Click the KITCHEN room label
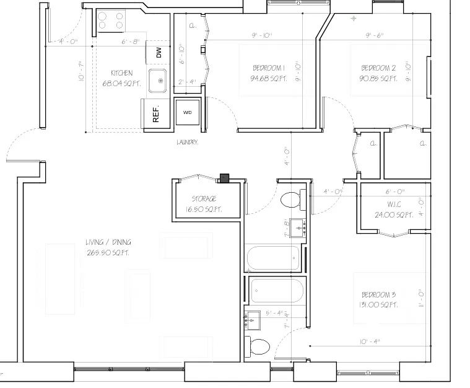(121, 73)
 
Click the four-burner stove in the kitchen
(110, 21)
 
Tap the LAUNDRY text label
(188, 142)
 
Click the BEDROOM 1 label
(269, 68)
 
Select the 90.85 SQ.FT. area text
(378, 79)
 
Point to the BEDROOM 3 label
(378, 294)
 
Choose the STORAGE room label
(204, 199)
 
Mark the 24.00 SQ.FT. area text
(393, 215)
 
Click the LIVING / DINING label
(108, 242)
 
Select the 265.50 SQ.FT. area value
(108, 253)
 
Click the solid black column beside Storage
(224, 179)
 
